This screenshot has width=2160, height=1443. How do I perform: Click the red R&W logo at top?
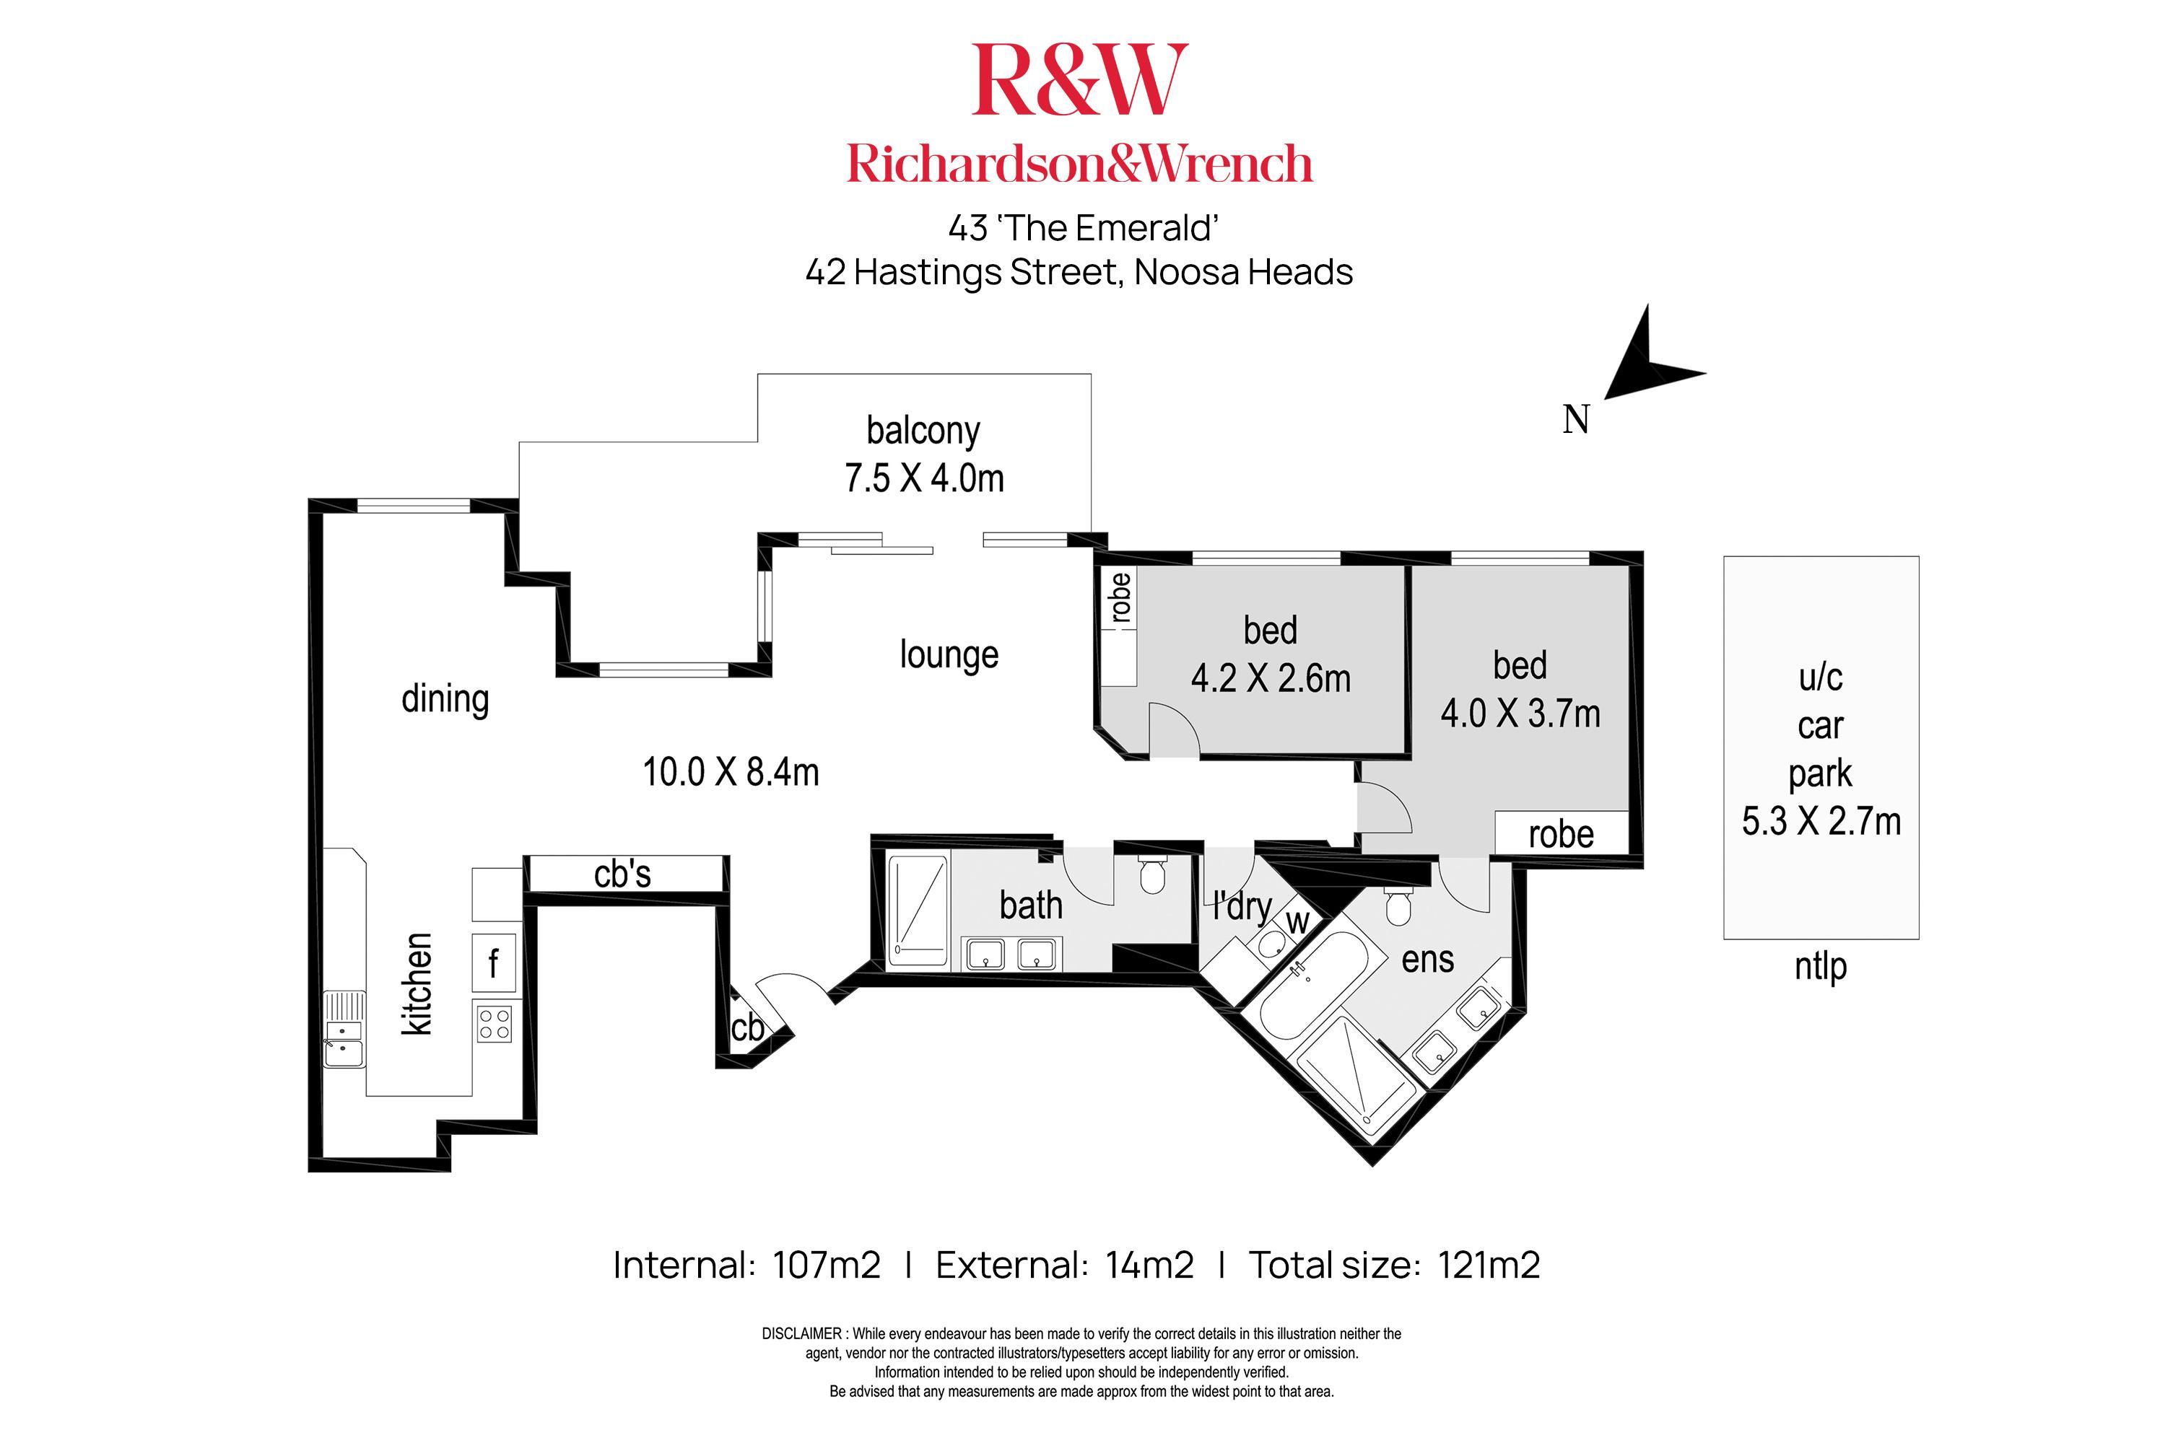coord(1079,81)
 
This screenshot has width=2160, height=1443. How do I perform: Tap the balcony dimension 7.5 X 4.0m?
coord(923,478)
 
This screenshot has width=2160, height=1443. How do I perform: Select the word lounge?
coord(949,654)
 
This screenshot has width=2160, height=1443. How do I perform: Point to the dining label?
coord(445,699)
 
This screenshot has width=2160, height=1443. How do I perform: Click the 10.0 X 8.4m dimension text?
coord(730,772)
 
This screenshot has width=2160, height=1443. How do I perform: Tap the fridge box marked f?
coord(495,962)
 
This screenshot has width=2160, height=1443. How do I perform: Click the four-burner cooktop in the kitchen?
coord(495,1022)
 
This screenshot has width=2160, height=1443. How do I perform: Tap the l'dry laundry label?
coord(1241,906)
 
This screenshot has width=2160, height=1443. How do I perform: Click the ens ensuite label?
coord(1427,960)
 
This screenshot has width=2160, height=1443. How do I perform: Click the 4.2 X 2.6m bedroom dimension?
coord(1271,679)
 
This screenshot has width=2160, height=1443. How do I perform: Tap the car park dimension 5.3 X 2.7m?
coord(1820,821)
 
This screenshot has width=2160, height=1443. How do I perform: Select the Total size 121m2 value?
coord(1488,1266)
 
